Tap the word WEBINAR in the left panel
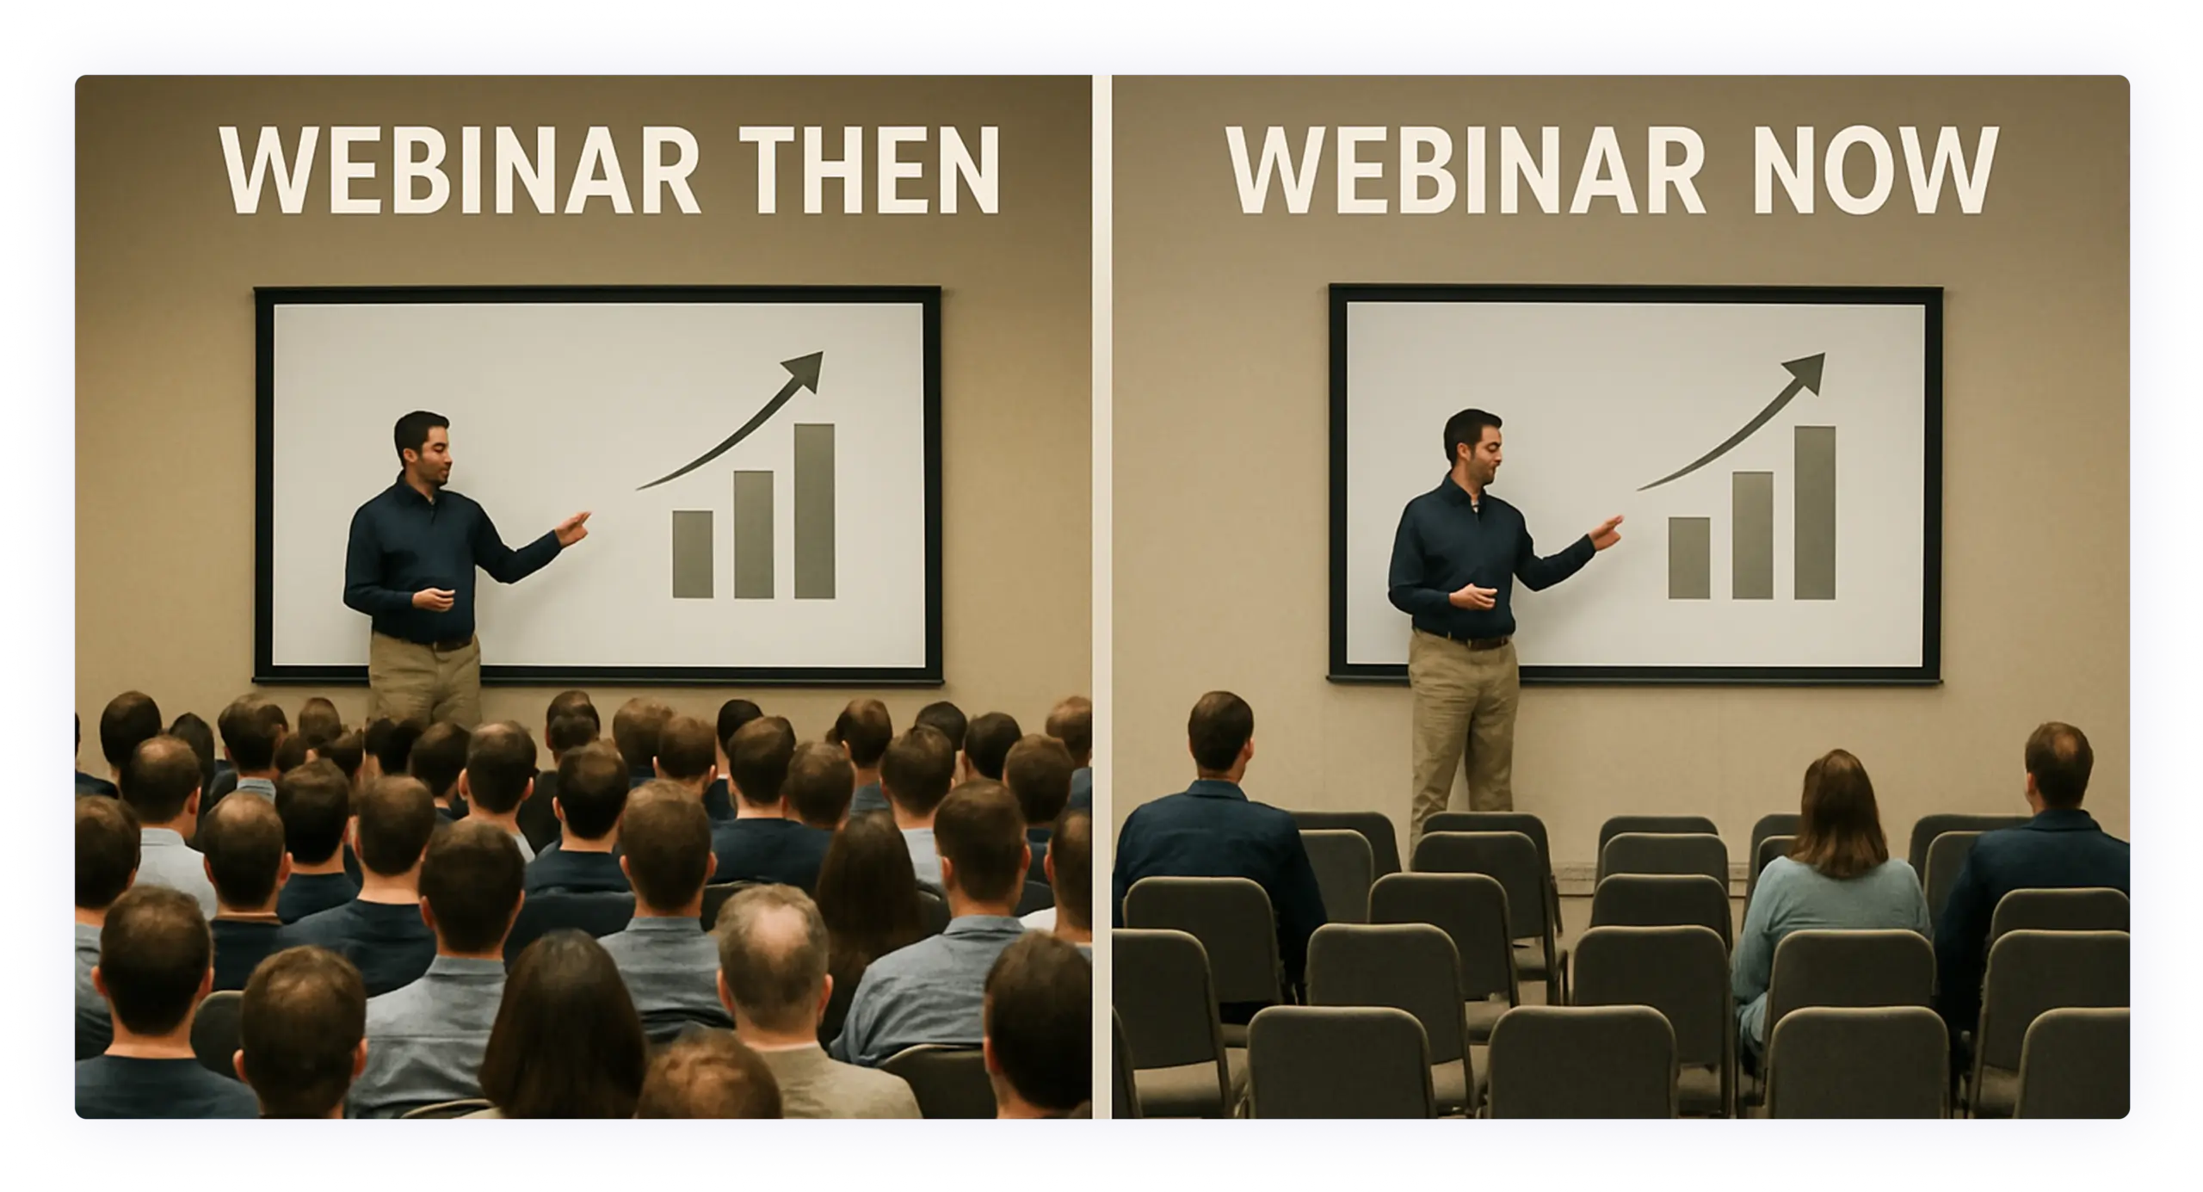coord(460,170)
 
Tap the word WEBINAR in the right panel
coord(1465,170)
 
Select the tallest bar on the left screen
coord(814,510)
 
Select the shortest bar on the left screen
coord(693,554)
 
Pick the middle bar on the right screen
coord(1752,535)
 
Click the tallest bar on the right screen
coord(1815,513)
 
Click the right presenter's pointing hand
coord(1606,532)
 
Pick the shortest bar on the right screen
coord(1689,559)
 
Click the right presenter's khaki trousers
coord(1462,732)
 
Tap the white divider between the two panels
coord(1102,596)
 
